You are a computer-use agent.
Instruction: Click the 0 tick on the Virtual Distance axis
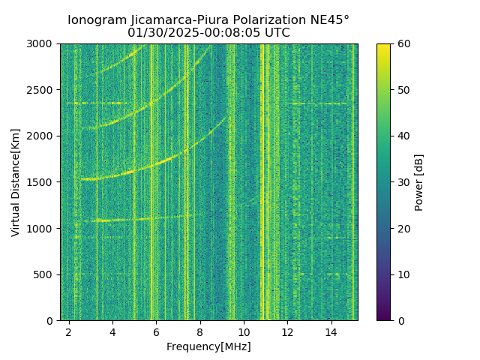click(x=51, y=320)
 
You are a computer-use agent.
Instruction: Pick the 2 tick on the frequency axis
click(x=69, y=331)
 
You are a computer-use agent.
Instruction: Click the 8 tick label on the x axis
click(x=199, y=331)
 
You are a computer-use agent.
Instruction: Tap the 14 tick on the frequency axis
click(x=331, y=331)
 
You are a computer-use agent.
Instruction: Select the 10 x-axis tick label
click(x=243, y=331)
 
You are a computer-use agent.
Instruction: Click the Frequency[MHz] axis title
click(x=208, y=346)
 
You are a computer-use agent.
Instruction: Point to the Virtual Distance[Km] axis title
click(x=16, y=182)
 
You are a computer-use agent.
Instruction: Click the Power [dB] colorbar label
click(x=419, y=182)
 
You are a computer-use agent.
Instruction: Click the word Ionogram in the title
click(x=95, y=20)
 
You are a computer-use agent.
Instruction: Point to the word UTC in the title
click(x=275, y=33)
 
